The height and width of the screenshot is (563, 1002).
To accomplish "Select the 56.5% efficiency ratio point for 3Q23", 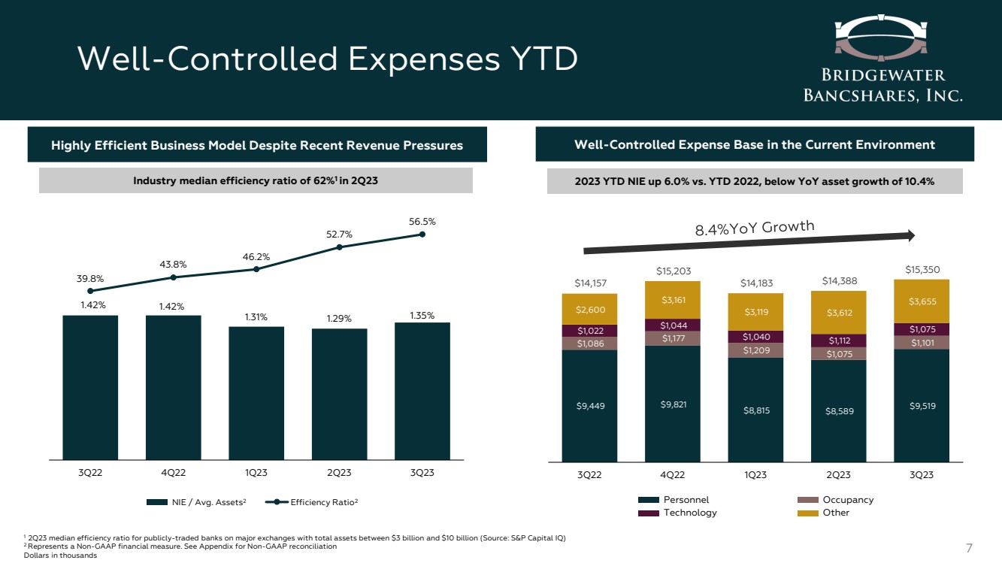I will click(422, 235).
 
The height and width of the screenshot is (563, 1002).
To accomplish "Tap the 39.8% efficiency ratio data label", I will click(90, 279).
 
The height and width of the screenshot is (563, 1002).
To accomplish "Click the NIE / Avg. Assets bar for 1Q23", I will click(256, 392).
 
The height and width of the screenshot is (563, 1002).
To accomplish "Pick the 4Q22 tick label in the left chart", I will click(173, 473).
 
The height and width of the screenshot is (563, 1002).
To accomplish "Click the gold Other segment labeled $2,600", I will click(589, 309).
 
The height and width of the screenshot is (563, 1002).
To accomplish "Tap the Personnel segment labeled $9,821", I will click(672, 404).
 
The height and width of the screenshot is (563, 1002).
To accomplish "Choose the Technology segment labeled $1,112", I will click(838, 341).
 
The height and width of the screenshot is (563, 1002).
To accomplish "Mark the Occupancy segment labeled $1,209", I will click(755, 350).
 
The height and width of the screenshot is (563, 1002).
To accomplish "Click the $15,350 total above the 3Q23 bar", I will click(921, 269).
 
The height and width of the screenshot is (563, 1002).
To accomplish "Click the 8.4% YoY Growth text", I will click(754, 228).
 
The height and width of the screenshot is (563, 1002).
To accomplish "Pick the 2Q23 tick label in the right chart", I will click(838, 474).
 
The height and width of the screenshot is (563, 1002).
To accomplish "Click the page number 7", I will click(969, 546).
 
